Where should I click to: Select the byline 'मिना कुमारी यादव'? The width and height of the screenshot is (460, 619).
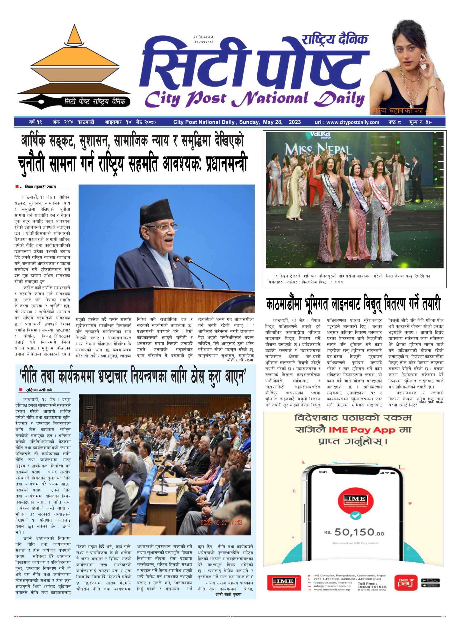(x=40, y=187)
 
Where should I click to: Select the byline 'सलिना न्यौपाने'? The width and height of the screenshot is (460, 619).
(x=39, y=390)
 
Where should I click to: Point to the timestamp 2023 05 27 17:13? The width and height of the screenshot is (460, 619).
(x=221, y=523)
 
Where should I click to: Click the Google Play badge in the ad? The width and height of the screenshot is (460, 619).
(x=430, y=580)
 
